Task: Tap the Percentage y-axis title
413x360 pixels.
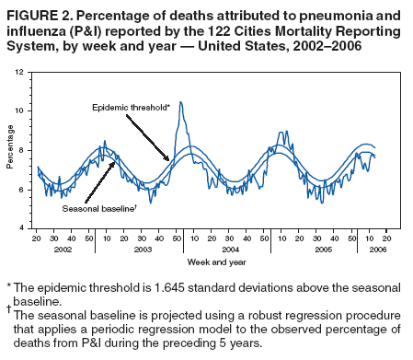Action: click(10, 150)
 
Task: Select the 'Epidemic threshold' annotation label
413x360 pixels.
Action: click(130, 108)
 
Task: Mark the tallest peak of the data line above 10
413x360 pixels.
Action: click(180, 102)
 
